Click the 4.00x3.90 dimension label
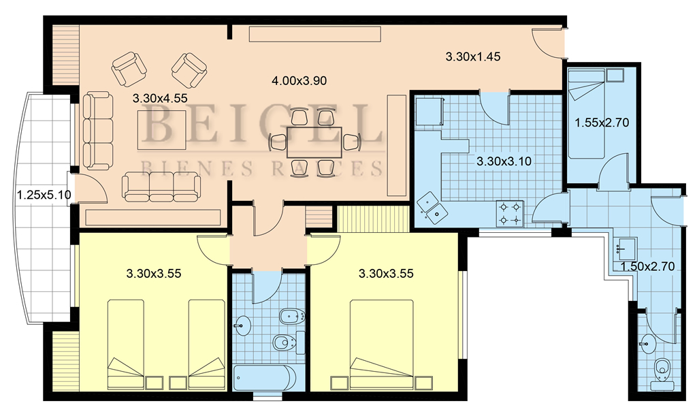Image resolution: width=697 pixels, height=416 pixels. click(299, 80)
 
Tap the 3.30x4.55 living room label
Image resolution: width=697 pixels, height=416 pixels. click(160, 98)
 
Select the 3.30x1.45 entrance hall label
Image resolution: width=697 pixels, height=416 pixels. click(473, 57)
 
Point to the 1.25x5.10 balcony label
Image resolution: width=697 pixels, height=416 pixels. click(44, 194)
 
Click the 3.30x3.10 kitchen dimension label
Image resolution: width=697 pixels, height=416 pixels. click(504, 161)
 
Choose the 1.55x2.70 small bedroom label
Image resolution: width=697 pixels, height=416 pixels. click(602, 123)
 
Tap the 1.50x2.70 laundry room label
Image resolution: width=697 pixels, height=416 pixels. click(647, 267)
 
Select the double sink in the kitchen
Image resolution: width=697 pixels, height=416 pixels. click(432, 208)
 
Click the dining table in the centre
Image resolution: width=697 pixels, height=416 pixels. click(314, 142)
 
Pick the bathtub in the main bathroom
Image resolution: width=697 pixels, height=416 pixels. click(265, 379)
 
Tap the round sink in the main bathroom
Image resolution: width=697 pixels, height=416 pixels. click(242, 325)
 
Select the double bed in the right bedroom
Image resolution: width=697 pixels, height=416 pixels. click(382, 345)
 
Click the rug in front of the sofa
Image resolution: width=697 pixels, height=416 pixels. click(162, 130)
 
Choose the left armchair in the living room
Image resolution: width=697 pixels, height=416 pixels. click(129, 69)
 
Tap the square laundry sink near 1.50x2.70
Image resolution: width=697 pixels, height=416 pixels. click(626, 249)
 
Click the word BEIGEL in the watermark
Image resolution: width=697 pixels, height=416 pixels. click(262, 124)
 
